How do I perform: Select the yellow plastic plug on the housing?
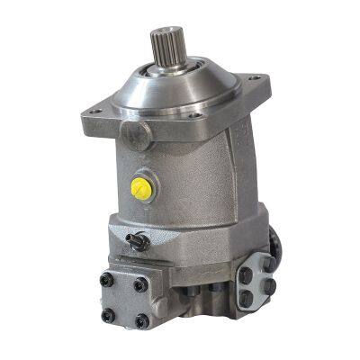[x=139, y=187]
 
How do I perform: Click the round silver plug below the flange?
[x=136, y=134]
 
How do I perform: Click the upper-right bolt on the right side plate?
[x=266, y=263]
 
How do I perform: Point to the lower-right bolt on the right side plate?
[x=268, y=287]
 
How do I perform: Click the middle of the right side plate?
[x=257, y=281]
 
